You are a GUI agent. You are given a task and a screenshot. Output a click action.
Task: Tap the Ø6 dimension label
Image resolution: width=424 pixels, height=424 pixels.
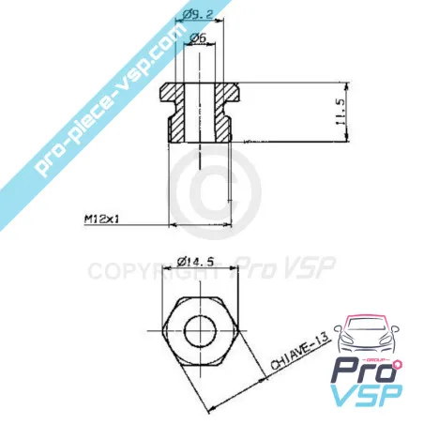[x=198, y=38]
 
